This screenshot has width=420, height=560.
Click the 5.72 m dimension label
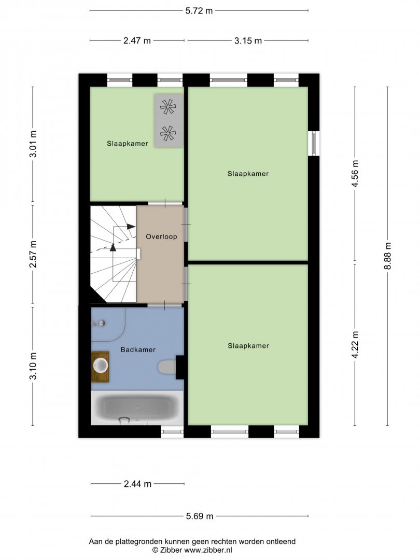click(199, 11)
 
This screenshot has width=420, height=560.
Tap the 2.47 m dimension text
click(137, 41)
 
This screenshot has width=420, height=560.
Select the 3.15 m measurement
click(248, 41)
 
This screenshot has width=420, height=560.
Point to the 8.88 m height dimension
click(388, 256)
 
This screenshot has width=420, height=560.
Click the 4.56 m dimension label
click(355, 173)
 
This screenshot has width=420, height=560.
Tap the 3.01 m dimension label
click(33, 144)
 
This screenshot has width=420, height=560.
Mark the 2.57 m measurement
click(33, 254)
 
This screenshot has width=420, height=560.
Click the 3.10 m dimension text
click(33, 366)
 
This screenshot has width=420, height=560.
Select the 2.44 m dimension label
click(137, 484)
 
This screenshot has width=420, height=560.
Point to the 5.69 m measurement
click(200, 516)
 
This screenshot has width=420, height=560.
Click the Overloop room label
click(161, 236)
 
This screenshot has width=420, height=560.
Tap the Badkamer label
click(138, 349)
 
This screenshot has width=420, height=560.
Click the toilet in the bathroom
click(166, 367)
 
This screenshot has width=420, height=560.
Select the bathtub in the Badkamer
click(137, 408)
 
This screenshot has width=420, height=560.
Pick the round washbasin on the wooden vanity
click(101, 366)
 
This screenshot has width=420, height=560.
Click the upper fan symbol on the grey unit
click(168, 106)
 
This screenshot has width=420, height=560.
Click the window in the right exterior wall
click(314, 144)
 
